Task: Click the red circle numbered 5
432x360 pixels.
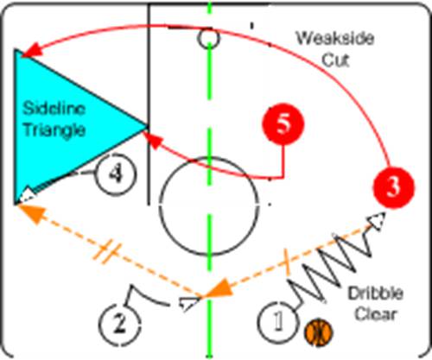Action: tap(283, 124)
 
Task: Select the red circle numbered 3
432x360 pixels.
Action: tap(394, 187)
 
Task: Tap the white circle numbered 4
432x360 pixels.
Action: tap(116, 174)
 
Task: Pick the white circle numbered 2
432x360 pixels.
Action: tap(120, 324)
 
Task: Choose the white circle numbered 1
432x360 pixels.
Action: tap(277, 321)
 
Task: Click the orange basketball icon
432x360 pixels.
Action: tap(319, 332)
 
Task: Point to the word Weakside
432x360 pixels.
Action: tap(335, 38)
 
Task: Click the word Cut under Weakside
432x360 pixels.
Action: tap(335, 60)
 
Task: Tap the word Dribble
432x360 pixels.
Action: tap(376, 294)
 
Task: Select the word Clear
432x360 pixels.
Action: tap(376, 314)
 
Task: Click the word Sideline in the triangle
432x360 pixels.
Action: tap(54, 109)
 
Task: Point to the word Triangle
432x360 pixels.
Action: tap(54, 130)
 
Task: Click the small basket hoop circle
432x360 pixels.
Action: tap(209, 38)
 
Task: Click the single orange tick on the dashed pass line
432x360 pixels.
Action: tap(287, 261)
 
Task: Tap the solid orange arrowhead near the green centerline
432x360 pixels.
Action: tap(218, 289)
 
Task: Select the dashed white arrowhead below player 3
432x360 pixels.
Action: tap(377, 221)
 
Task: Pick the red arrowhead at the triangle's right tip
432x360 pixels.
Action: tap(152, 141)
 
